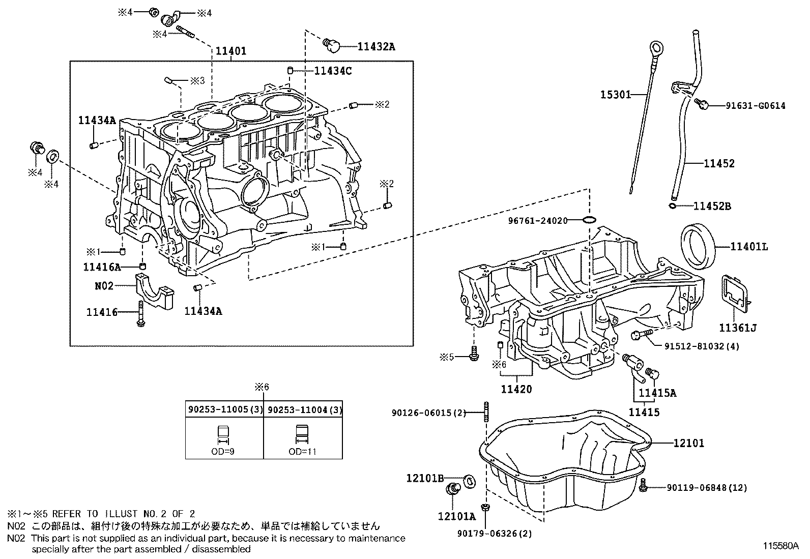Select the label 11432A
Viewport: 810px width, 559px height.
pos(376,47)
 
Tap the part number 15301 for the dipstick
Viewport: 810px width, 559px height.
pos(615,95)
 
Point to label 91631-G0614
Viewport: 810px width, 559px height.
pos(755,106)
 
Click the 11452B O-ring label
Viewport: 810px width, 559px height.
pos(712,206)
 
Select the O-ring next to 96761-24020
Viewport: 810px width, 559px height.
pos(589,220)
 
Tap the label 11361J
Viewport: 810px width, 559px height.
pos(737,328)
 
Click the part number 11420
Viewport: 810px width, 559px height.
pos(516,389)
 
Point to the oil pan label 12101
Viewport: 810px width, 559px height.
pos(689,443)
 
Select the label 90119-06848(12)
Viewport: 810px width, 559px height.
pos(707,488)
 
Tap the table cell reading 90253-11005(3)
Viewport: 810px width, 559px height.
pos(224,409)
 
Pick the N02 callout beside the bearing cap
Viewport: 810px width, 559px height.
pos(104,286)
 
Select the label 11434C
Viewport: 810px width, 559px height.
pos(333,71)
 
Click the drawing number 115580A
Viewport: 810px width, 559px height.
pos(780,546)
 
